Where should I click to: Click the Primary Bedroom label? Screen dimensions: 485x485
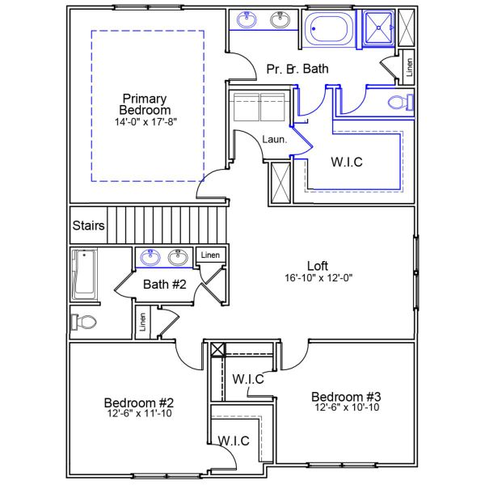(x=145, y=103)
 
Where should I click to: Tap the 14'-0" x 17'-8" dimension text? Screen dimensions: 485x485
(x=145, y=122)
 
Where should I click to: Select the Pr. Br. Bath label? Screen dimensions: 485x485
(x=297, y=70)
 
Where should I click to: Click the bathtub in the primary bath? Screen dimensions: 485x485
(x=328, y=30)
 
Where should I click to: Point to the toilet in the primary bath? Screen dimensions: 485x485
(x=399, y=103)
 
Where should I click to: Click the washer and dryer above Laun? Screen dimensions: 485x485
(x=260, y=106)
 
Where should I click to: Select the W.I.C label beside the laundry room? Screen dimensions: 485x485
(x=347, y=162)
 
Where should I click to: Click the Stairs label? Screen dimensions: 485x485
(x=88, y=226)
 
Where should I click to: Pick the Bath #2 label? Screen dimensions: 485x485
(x=165, y=284)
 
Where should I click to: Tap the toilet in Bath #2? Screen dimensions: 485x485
(x=84, y=323)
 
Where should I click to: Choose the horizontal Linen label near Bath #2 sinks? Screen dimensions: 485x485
(x=209, y=255)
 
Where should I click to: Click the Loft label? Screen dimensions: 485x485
(x=318, y=265)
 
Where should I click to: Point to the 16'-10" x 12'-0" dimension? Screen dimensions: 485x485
(x=318, y=277)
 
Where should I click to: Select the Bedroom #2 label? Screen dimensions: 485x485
(x=139, y=403)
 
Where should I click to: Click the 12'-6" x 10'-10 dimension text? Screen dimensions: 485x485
(x=346, y=407)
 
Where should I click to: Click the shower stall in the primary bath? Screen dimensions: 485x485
(x=376, y=30)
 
